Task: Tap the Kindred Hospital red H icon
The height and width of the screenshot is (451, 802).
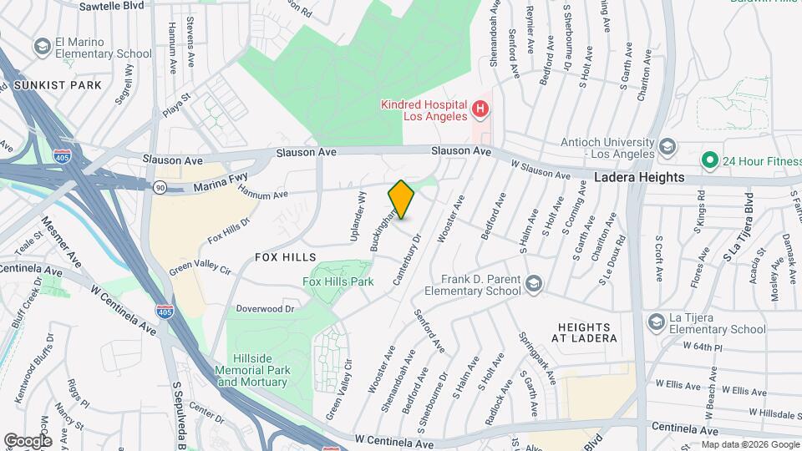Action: point(480,109)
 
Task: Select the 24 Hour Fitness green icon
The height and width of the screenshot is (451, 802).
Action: point(709,159)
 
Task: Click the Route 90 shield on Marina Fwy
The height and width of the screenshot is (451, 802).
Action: point(159,186)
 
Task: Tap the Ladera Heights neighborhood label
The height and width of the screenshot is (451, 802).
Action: point(639,178)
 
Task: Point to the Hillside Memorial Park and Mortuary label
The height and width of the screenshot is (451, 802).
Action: point(251,370)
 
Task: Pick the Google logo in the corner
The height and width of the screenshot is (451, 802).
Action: point(28,440)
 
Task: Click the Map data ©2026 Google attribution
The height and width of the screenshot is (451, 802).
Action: point(749,443)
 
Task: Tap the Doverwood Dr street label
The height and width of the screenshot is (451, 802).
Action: point(266,309)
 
